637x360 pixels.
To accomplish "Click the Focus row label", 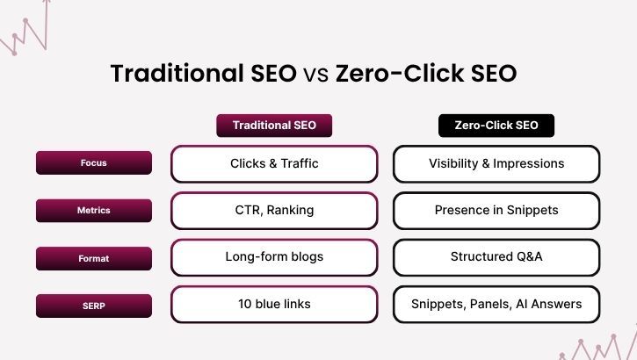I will coord(93,163).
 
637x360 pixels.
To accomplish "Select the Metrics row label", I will coord(93,211).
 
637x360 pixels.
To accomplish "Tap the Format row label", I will coord(93,258).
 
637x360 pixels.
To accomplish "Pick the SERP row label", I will coord(93,306).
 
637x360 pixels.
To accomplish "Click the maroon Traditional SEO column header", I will coord(274,126).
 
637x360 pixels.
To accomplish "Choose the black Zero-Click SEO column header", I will coord(496,126).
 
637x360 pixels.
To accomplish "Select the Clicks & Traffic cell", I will coord(274,163).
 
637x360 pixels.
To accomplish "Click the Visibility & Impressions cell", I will coord(496,163).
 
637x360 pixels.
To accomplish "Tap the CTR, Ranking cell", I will coord(274,211).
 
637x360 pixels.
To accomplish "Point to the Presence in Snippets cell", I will coord(496,211).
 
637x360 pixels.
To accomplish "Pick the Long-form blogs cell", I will coord(274,257).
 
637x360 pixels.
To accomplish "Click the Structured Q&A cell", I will coord(496,257).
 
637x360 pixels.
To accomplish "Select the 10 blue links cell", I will coord(274,305).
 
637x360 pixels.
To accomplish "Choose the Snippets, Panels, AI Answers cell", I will coord(496,305).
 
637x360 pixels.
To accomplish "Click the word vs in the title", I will coord(315,74).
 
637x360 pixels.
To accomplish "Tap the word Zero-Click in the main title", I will coord(400,74).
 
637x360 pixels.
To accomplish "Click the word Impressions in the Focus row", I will coord(531,164).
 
